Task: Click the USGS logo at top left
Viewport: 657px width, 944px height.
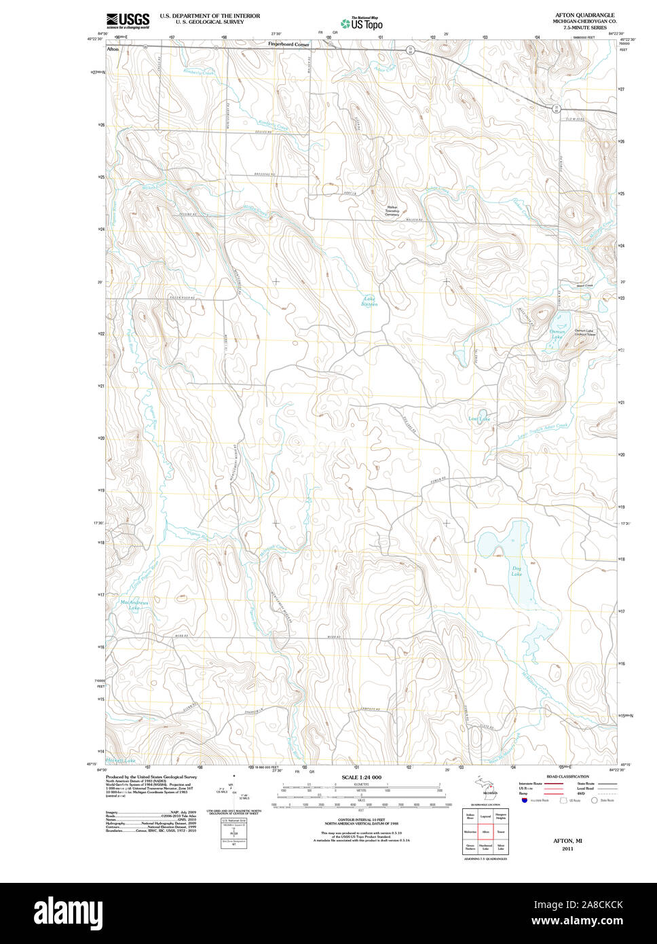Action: pyautogui.click(x=128, y=20)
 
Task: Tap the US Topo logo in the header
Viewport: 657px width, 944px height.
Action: pyautogui.click(x=362, y=24)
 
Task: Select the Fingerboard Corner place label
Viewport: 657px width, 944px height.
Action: pyautogui.click(x=288, y=44)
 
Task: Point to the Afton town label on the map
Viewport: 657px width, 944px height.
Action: pyautogui.click(x=113, y=50)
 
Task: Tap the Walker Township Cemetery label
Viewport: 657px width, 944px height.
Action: pyautogui.click(x=392, y=211)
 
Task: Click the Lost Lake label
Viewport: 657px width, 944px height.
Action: pyautogui.click(x=479, y=419)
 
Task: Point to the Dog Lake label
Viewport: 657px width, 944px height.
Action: pyautogui.click(x=517, y=570)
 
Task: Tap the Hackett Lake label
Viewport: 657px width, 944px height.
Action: pyautogui.click(x=121, y=760)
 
